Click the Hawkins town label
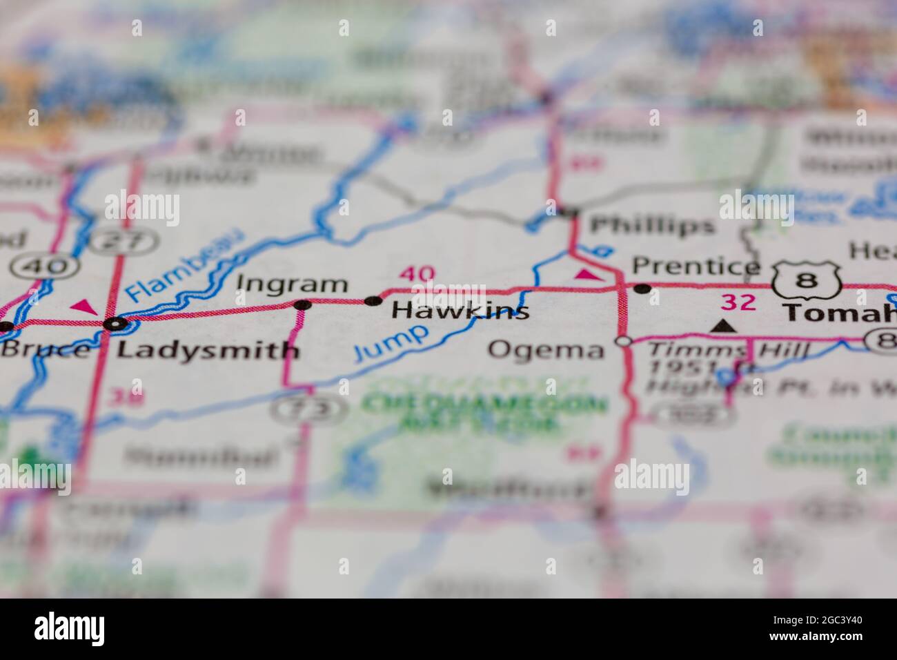[x=460, y=311]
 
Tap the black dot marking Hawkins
[x=373, y=300]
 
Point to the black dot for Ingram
[x=302, y=304]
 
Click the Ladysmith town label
[x=208, y=350]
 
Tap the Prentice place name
[x=696, y=266]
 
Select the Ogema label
[x=546, y=349]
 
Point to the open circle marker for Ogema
[x=624, y=341]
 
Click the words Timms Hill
[x=727, y=351]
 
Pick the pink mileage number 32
[x=738, y=302]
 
